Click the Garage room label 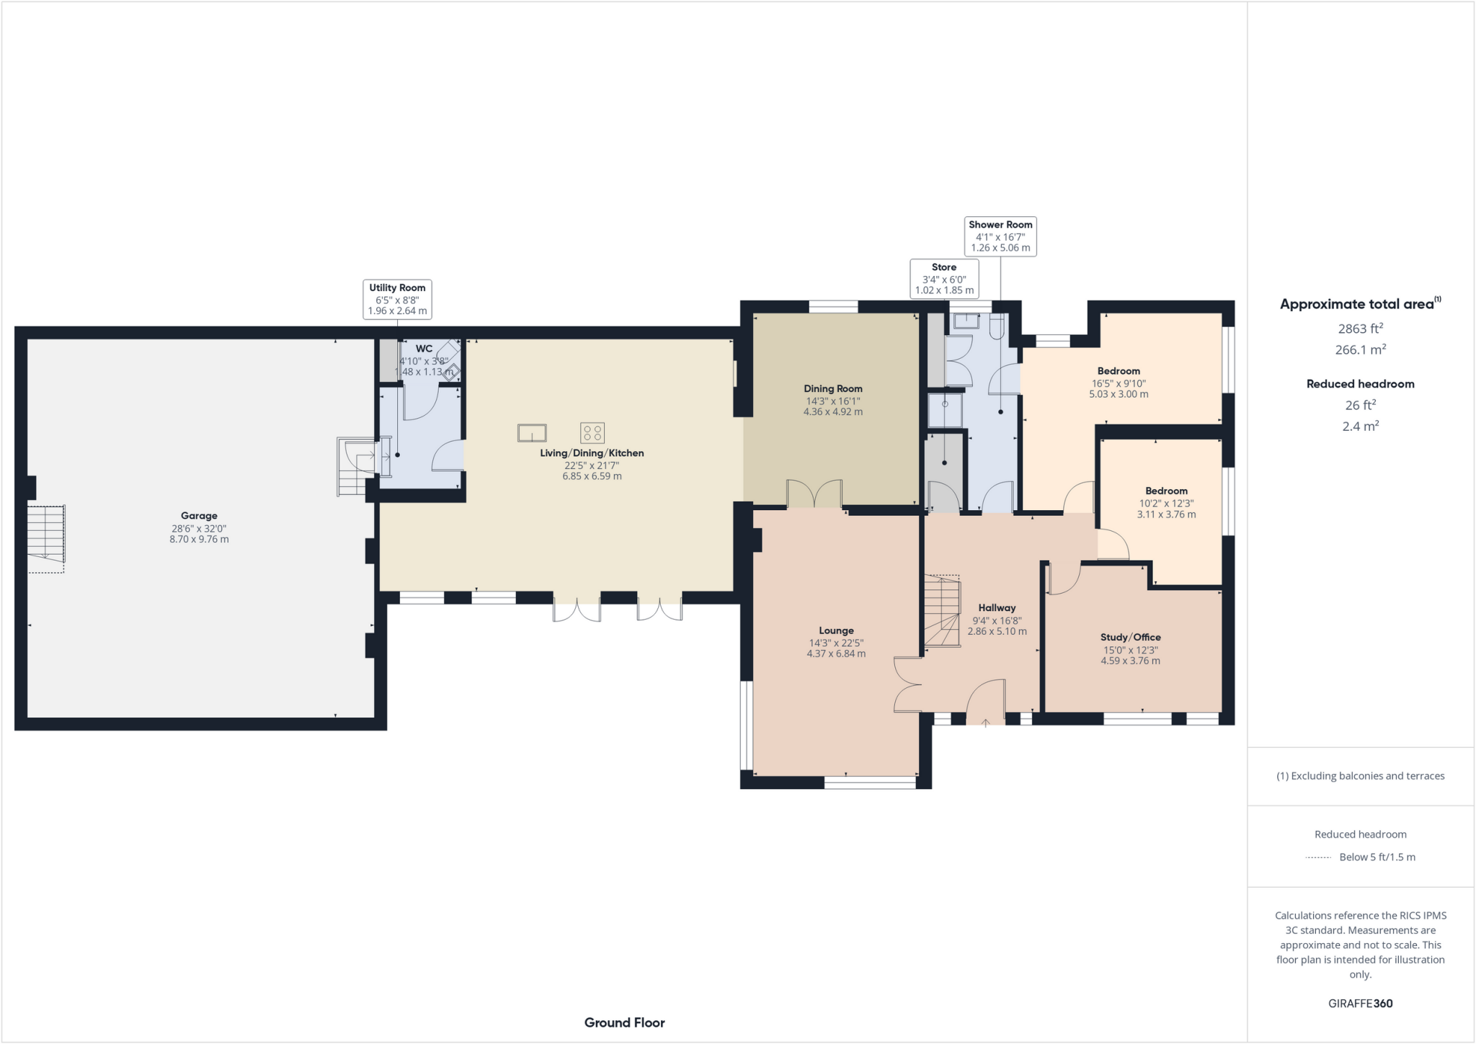tap(199, 516)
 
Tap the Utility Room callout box tap(397, 299)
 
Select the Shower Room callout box tap(1000, 236)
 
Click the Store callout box tap(944, 279)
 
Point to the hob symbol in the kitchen tap(592, 432)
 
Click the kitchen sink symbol tap(532, 433)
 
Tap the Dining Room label tap(833, 389)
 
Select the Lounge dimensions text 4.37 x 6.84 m tap(836, 654)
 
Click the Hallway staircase tap(943, 611)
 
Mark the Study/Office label tap(1130, 638)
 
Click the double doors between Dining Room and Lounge tap(814, 494)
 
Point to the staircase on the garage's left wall tap(47, 534)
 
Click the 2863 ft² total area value tap(1360, 329)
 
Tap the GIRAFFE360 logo tap(1360, 1003)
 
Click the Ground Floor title tap(624, 1022)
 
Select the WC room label tap(424, 349)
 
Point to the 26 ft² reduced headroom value tap(1360, 406)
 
